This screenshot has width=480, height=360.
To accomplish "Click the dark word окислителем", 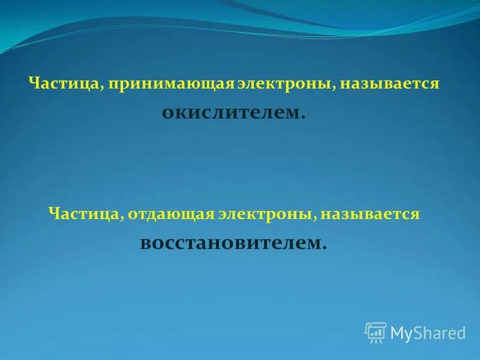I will [x=232, y=112].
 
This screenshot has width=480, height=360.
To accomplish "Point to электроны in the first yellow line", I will [x=284, y=84].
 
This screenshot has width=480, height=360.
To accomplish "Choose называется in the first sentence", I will [x=390, y=84].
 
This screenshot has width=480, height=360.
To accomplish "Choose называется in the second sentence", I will [x=370, y=214].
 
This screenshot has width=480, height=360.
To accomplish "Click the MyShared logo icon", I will [x=376, y=332].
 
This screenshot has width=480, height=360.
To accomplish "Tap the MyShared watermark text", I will [x=428, y=332].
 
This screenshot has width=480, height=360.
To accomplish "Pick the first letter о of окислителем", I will [x=167, y=113].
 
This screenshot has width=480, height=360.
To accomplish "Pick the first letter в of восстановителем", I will [x=145, y=243].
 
